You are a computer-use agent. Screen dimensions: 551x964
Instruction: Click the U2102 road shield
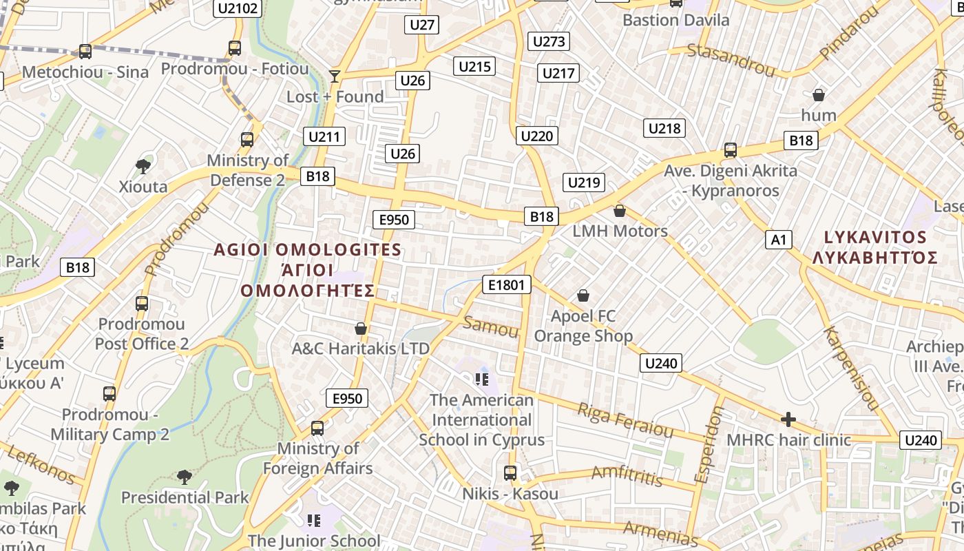(237, 8)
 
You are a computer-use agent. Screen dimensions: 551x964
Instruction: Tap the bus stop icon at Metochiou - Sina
(85, 52)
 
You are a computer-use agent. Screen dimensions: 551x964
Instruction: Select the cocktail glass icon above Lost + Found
(335, 76)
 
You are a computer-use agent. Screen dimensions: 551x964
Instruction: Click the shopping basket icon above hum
(819, 95)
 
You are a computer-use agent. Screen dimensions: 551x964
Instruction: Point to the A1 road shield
(778, 240)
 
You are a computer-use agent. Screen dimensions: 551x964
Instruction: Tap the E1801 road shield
(507, 284)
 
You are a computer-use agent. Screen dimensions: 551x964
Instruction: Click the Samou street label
(491, 326)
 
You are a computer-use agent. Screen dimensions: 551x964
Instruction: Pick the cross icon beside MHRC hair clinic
(788, 419)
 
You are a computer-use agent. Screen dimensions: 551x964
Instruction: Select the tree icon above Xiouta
(143, 166)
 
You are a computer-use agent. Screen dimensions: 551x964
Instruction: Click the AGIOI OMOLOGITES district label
(307, 249)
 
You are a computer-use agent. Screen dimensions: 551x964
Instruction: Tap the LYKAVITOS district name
(875, 238)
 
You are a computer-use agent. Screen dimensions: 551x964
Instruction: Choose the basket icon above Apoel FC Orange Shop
(583, 295)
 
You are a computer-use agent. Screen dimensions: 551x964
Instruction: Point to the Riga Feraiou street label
(625, 419)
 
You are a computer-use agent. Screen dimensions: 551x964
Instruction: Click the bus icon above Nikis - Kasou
(510, 473)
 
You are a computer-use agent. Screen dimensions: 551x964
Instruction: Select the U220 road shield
(537, 136)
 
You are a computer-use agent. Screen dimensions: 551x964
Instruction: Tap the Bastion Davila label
(675, 20)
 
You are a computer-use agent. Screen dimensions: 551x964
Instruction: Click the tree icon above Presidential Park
(184, 477)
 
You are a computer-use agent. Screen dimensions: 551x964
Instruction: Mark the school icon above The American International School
(481, 380)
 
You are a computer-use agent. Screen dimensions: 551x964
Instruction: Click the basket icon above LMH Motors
(620, 211)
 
